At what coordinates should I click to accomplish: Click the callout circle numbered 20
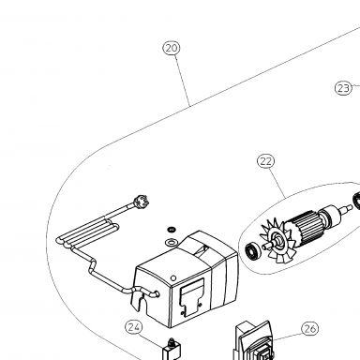click(172, 48)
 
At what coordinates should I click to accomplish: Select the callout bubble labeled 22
click(266, 161)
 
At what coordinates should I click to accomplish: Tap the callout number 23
click(343, 88)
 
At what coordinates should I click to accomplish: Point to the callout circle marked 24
click(134, 327)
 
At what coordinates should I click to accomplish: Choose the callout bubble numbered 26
click(310, 328)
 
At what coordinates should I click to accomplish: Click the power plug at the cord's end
click(140, 201)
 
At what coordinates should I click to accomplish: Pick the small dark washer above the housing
click(171, 230)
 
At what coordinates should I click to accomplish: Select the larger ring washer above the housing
click(172, 242)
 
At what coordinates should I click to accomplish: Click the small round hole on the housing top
click(173, 278)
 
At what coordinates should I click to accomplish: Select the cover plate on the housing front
click(191, 297)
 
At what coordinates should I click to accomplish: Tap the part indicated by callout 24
click(172, 351)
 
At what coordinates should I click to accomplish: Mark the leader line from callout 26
click(287, 336)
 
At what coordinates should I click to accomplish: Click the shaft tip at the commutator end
click(350, 207)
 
